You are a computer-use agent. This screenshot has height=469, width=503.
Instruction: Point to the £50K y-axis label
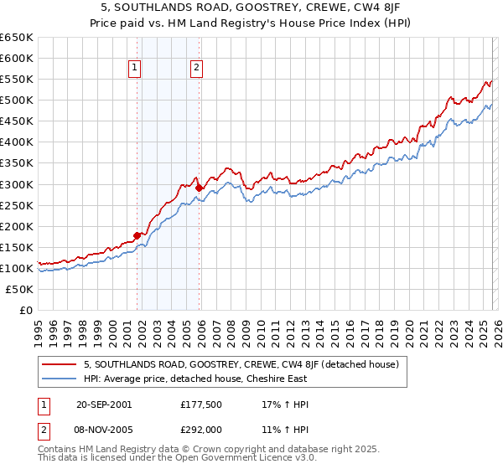(x=19, y=289)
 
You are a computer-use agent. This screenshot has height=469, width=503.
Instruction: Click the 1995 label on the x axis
(x=38, y=327)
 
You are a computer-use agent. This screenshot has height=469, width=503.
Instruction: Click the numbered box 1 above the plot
(x=135, y=69)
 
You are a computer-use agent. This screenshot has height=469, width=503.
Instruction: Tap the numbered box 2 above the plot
(x=196, y=69)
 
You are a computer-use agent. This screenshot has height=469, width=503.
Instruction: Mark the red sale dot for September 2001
(x=137, y=235)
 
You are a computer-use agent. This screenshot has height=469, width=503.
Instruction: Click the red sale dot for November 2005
(x=199, y=188)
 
